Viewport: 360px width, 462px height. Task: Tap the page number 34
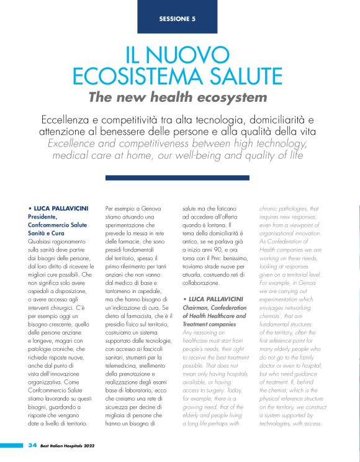32,445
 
